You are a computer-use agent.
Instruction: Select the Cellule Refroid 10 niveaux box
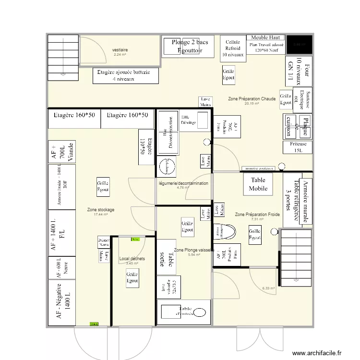233,48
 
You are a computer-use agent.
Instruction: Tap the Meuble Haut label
266,38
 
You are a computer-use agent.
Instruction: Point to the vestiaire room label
120,50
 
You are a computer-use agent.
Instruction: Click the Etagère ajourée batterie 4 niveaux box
127,76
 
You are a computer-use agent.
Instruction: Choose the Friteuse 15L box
298,147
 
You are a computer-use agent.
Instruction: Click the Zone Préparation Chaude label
252,99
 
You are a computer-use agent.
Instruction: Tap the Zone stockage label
101,210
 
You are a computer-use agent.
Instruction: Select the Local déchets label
132,259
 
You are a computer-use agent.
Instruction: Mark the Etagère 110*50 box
147,147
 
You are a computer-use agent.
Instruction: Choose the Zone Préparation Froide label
257,214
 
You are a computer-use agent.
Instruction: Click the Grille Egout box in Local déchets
132,277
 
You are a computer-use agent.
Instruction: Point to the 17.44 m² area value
101,215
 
